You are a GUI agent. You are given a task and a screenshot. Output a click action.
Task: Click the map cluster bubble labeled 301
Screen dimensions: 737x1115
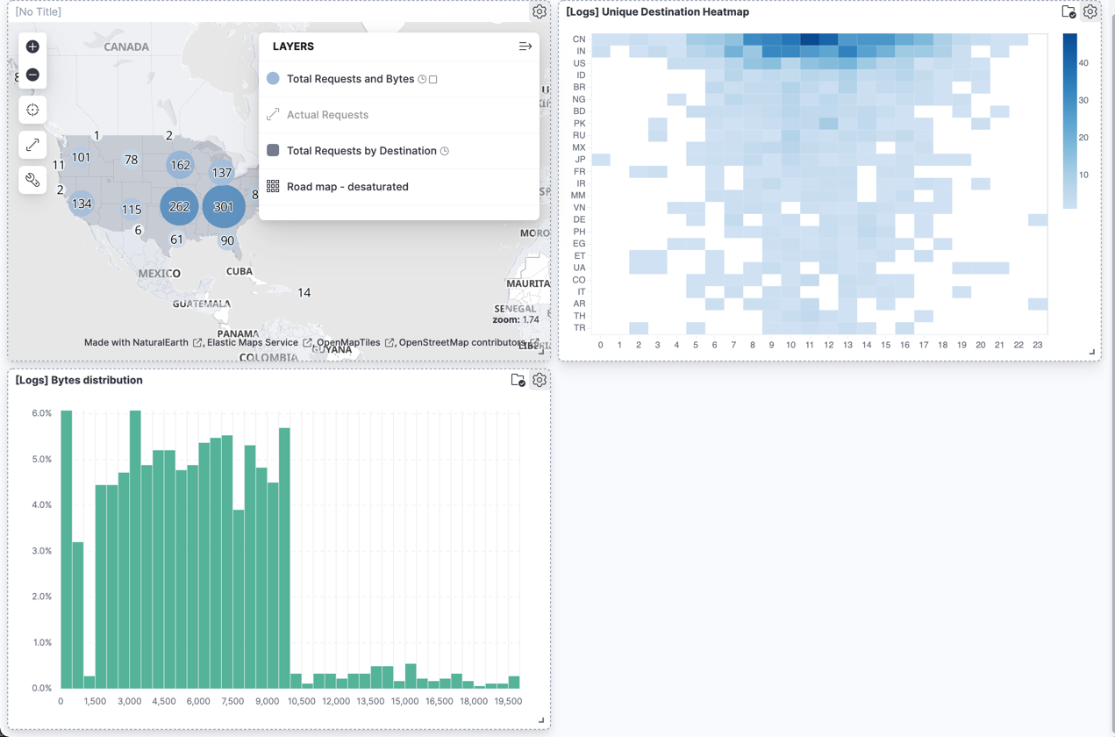224,207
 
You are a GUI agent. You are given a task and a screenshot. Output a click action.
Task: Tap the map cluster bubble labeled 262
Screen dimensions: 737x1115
179,206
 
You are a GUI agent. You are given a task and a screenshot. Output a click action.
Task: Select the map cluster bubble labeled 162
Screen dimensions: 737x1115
180,164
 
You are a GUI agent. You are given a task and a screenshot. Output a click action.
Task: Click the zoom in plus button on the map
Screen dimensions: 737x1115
32,47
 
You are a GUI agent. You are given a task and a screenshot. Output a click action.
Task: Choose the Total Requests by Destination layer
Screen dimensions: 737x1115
361,151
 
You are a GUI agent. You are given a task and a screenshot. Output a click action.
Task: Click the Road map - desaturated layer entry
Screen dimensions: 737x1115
347,187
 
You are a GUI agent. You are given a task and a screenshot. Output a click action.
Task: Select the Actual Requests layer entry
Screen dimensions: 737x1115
327,115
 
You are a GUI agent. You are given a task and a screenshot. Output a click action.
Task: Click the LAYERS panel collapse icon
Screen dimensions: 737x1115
525,47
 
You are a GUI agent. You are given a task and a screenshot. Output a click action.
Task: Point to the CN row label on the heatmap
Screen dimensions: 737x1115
579,39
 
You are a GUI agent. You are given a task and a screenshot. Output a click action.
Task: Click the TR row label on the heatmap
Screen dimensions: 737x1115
579,328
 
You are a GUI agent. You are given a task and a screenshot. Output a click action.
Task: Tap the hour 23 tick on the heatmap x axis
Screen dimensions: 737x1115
1038,345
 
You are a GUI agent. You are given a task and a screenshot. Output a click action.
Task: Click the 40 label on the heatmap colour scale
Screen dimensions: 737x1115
1083,63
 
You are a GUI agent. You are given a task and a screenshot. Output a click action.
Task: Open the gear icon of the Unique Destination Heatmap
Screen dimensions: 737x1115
1090,12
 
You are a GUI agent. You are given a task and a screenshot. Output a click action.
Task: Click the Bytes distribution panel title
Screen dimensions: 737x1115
79,381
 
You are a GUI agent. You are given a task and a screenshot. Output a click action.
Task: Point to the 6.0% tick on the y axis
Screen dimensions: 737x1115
41,413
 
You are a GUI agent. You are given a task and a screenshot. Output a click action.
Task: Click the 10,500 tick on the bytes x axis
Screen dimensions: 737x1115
301,701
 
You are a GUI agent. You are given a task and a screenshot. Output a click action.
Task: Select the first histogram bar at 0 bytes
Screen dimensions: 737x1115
67,549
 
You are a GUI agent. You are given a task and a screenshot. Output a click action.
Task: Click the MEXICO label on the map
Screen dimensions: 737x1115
159,274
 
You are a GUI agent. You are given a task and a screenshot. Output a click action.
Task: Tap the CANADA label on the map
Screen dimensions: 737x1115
126,47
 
